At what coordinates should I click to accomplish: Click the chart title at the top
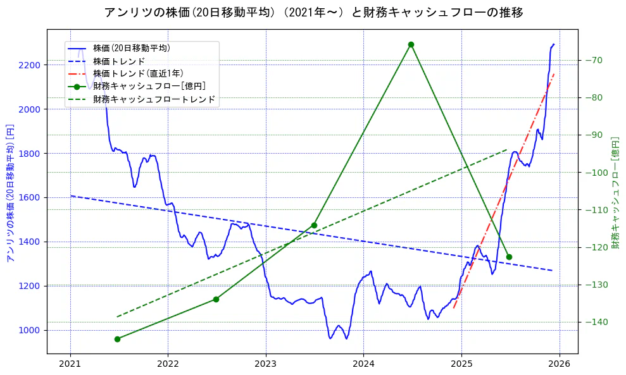(313, 12)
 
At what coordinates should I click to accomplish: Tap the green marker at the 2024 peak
(411, 44)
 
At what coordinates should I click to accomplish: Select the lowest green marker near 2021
(117, 339)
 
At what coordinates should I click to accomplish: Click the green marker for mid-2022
(216, 299)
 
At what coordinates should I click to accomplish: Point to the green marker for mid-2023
(314, 225)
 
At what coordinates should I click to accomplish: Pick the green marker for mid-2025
(509, 257)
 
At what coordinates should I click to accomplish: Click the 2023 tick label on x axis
(266, 365)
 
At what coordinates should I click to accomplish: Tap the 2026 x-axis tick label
(560, 365)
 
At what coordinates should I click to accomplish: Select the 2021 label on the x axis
(70, 365)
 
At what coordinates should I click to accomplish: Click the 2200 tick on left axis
(30, 65)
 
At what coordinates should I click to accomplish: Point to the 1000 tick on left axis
(30, 330)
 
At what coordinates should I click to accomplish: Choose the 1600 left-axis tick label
(30, 197)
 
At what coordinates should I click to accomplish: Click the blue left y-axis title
(10, 193)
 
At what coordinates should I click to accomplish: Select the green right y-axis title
(615, 193)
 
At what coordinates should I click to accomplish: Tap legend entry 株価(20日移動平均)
(131, 47)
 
